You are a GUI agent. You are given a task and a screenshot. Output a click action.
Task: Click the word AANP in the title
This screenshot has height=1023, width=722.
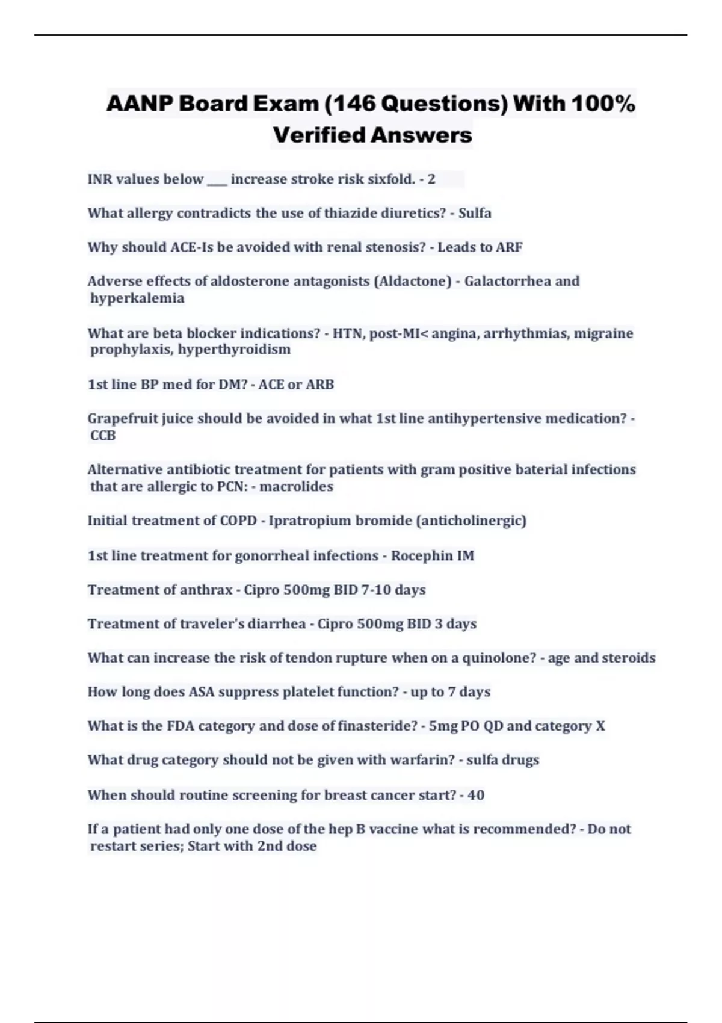138,104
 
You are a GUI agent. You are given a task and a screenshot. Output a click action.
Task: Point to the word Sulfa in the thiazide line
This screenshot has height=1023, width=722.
475,213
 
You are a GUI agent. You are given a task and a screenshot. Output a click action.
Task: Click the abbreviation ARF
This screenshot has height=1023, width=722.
509,247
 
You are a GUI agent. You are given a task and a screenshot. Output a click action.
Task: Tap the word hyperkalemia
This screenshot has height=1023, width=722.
137,298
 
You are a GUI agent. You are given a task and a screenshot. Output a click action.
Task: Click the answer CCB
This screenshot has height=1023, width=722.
103,436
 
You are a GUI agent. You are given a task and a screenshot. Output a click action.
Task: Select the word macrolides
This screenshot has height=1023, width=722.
296,487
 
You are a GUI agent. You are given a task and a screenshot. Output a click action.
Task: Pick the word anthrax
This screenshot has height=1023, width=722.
206,590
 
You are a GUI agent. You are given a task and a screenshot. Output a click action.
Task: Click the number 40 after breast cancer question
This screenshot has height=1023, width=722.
476,795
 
